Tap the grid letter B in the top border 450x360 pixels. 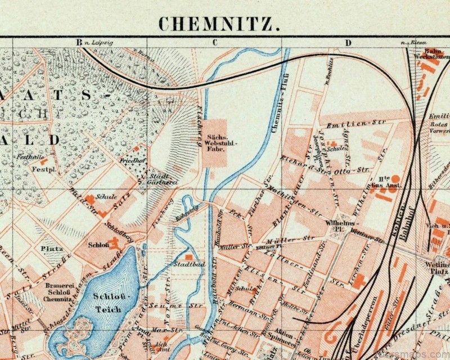click(79, 42)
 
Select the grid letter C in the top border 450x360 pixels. click(214, 42)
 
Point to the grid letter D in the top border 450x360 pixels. click(348, 42)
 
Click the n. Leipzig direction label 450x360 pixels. click(100, 42)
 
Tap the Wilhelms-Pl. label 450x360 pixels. click(337, 226)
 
